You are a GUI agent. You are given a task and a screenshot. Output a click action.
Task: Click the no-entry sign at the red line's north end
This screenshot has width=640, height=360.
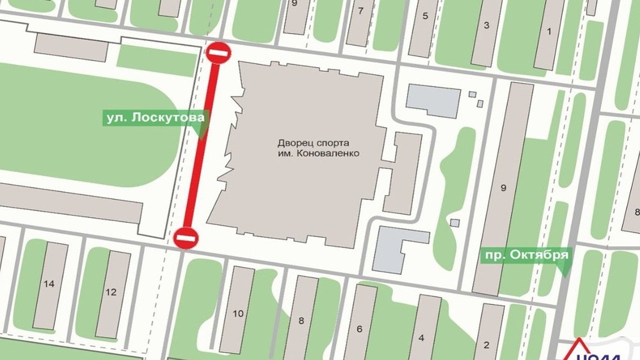coord(218,52)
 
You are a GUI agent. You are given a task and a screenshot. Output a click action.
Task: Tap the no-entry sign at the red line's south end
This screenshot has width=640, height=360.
coord(186,237)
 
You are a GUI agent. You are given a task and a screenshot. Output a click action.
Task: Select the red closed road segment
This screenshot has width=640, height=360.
coord(202,145)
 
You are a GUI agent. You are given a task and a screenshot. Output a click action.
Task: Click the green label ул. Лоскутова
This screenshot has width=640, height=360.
coord(155,118)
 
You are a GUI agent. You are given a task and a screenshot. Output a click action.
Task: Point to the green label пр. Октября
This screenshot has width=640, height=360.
coord(525,255)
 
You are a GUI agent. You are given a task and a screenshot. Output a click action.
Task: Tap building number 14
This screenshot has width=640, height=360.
coord(49,284)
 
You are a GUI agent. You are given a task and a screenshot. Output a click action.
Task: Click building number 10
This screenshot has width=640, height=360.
coord(238,313)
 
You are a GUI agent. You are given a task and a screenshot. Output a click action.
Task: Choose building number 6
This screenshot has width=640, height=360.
coord(359,328)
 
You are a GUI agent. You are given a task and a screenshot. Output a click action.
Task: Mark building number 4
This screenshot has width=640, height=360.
coord(421,337)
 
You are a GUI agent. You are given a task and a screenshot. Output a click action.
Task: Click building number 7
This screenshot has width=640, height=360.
coord(360,10)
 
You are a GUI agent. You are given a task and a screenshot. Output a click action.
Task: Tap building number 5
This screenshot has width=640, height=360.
coord(425,15)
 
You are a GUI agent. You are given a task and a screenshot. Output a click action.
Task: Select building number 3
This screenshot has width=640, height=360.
coord(486,25)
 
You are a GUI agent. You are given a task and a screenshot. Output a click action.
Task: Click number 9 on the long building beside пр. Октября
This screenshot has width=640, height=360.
coord(503,188)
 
